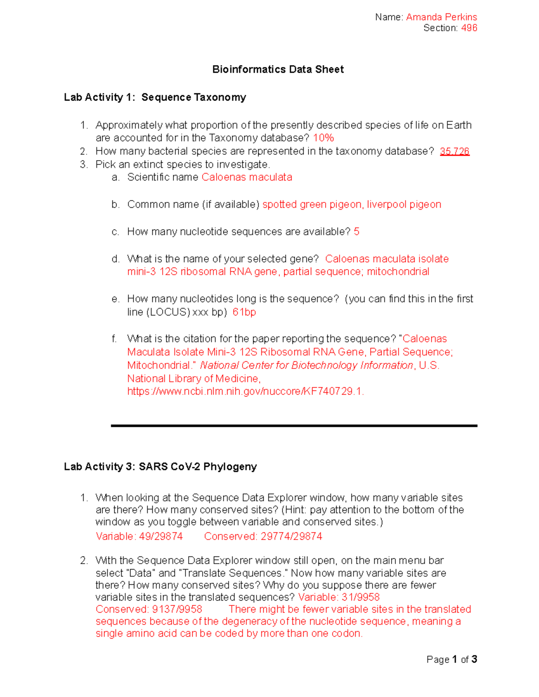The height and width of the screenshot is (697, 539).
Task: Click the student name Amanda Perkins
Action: click(441, 17)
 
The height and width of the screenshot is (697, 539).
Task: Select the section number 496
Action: click(469, 28)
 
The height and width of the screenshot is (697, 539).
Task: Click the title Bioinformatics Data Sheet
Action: click(278, 69)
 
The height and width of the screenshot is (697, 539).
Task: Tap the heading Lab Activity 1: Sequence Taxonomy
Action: click(155, 97)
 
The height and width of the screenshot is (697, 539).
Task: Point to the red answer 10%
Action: click(323, 138)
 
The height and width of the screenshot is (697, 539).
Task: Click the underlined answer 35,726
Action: click(455, 151)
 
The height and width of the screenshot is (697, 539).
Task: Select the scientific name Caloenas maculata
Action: click(247, 177)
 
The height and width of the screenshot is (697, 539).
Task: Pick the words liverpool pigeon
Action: click(404, 205)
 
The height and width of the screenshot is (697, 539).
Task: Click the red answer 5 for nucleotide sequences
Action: click(357, 232)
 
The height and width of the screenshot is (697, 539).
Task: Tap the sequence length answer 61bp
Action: click(244, 312)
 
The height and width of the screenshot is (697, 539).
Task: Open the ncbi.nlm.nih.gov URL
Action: click(245, 391)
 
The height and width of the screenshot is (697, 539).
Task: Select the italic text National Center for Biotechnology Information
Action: click(306, 365)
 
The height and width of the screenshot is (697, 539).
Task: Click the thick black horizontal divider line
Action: click(294, 425)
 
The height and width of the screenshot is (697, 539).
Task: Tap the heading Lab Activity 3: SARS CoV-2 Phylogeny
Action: click(160, 467)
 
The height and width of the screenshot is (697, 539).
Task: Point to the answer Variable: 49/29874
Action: click(139, 536)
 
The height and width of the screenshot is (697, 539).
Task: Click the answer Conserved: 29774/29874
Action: click(263, 536)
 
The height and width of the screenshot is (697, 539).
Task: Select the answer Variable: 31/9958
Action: click(339, 597)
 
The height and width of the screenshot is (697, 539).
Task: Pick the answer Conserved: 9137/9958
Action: click(149, 609)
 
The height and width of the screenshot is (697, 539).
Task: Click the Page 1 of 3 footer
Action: click(451, 659)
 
